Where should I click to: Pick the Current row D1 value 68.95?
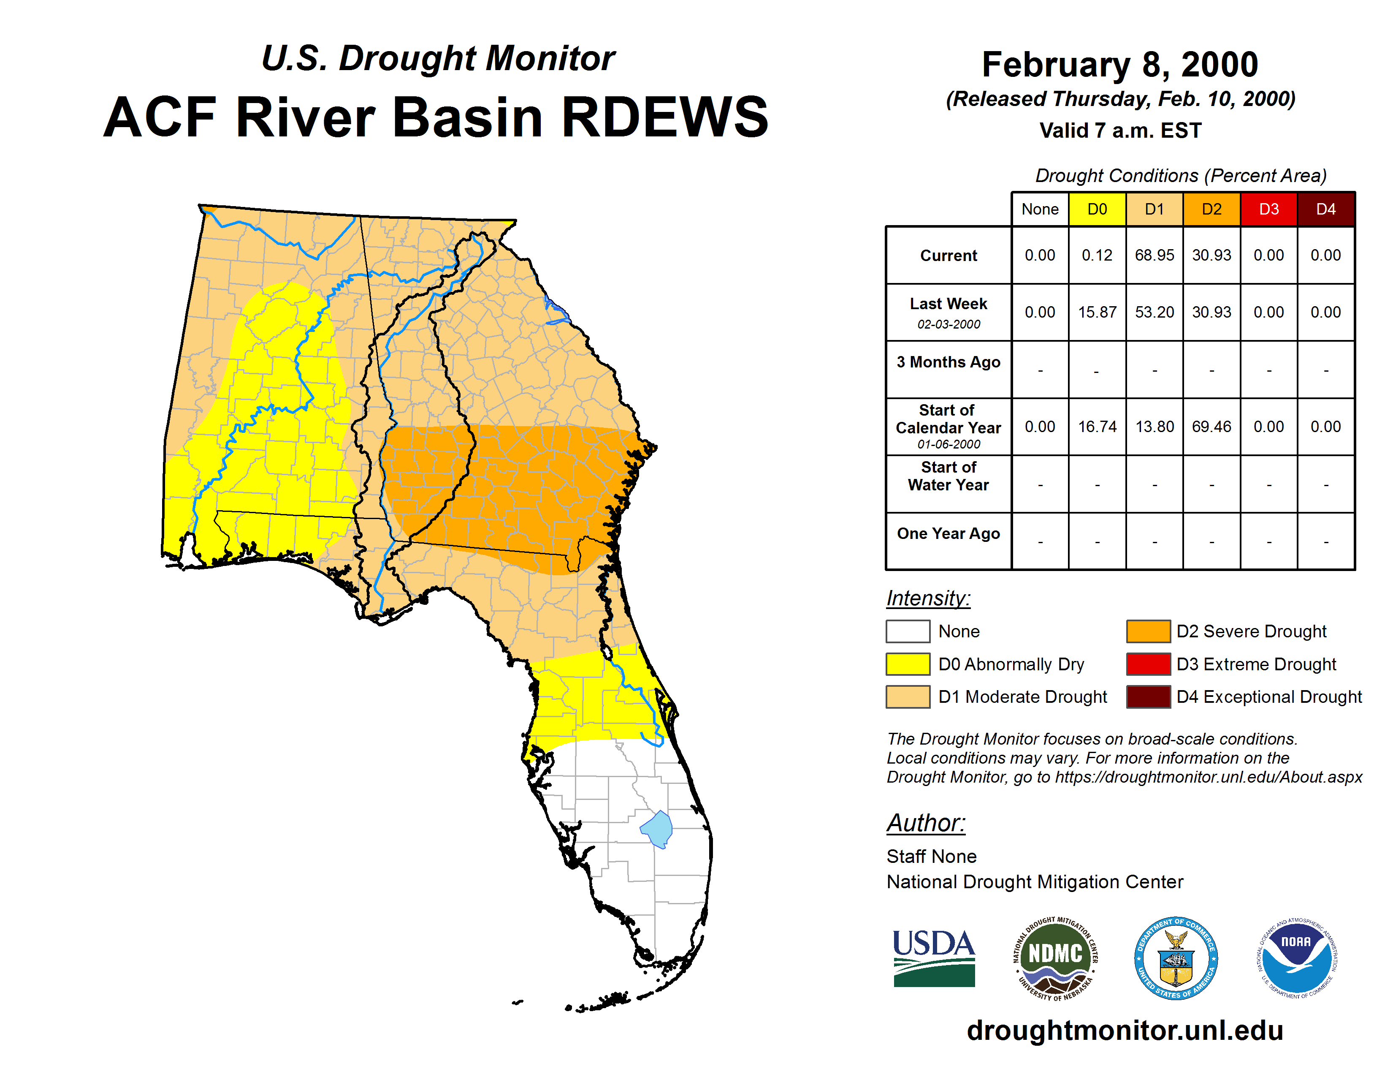1155,255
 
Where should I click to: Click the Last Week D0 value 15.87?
1097,312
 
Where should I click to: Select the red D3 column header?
1268,209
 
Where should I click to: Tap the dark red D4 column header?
1326,209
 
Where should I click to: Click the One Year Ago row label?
949,533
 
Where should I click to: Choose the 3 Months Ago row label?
949,362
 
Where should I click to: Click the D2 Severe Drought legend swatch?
1148,631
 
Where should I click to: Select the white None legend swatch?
908,631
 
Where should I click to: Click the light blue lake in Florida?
657,829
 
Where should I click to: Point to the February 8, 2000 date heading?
1120,65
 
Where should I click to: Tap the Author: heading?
926,823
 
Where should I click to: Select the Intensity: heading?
928,598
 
